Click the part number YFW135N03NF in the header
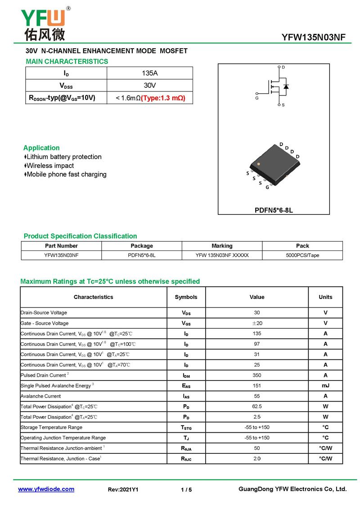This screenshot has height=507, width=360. click(313, 37)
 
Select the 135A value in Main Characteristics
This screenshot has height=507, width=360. click(150, 73)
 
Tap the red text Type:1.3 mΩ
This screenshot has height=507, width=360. click(163, 98)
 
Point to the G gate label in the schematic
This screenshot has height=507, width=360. click(257, 98)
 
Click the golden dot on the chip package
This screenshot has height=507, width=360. click(258, 165)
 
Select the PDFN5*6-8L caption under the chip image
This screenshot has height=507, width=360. click(274, 210)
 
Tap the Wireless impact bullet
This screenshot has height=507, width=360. click(49, 166)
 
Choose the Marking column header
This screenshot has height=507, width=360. click(222, 246)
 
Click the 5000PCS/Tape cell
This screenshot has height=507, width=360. click(302, 255)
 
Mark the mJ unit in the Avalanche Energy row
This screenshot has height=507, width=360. click(325, 385)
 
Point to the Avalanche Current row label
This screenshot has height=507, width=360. click(40, 396)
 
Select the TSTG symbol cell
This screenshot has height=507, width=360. click(186, 428)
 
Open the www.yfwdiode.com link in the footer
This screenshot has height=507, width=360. click(46, 489)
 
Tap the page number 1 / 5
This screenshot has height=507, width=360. click(186, 489)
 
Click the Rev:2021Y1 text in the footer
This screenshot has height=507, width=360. click(123, 489)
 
